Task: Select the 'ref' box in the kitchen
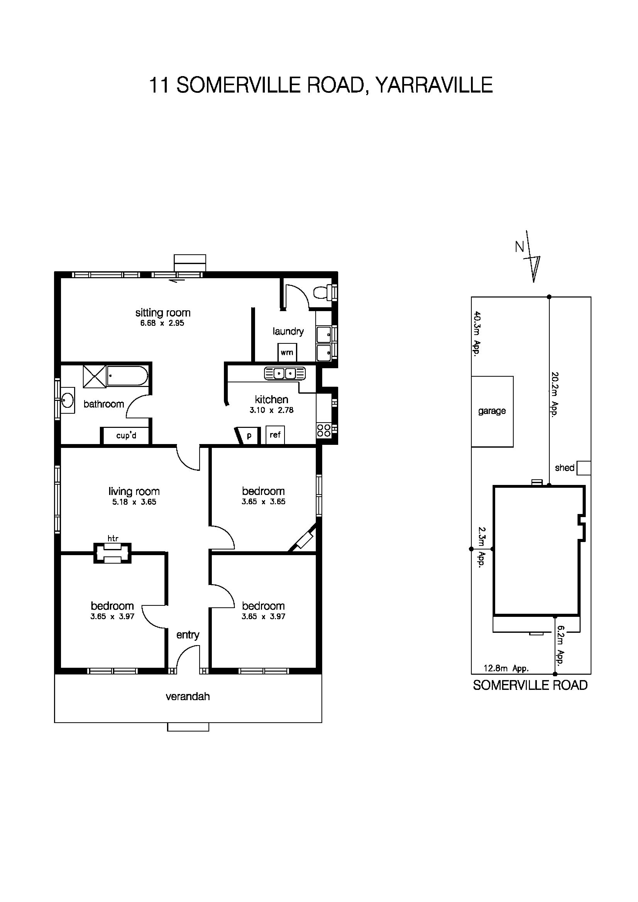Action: pyautogui.click(x=275, y=435)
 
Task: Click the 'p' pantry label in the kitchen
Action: pyautogui.click(x=249, y=435)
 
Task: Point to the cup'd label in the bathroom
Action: pyautogui.click(x=126, y=436)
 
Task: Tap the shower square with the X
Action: pyautogui.click(x=94, y=376)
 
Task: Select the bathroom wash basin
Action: pyautogui.click(x=68, y=400)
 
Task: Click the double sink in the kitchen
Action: pyautogui.click(x=285, y=373)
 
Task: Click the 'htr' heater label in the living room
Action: pyautogui.click(x=113, y=538)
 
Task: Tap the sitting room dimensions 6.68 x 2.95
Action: pyautogui.click(x=162, y=323)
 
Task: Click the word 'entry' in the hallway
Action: pyautogui.click(x=188, y=635)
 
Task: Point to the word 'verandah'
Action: pyautogui.click(x=188, y=697)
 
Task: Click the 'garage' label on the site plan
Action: pyautogui.click(x=492, y=411)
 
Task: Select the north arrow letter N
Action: pyautogui.click(x=520, y=247)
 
